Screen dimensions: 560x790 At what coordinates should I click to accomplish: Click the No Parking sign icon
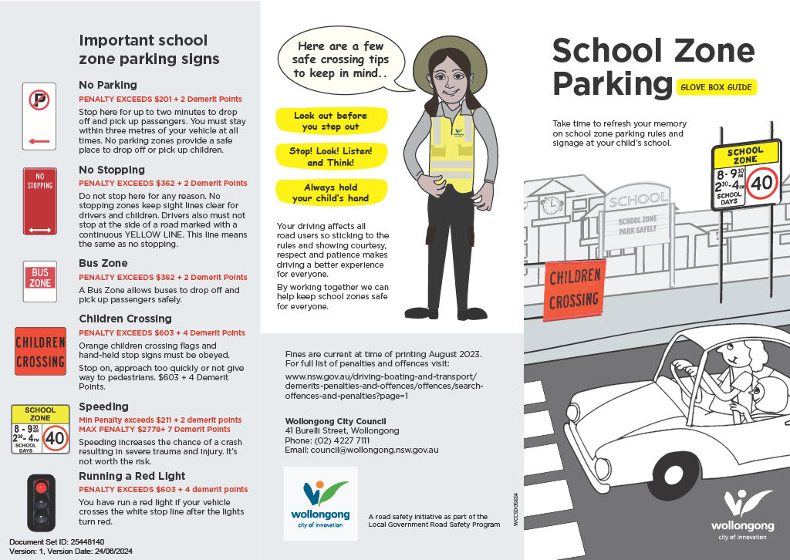pos(40,115)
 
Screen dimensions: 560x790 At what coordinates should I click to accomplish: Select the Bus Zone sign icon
pos(40,278)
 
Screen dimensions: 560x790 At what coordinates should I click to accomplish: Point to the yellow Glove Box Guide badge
pos(716,87)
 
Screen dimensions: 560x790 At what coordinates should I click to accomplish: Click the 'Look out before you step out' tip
pos(331,121)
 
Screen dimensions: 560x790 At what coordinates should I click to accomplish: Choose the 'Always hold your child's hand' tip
pos(331,193)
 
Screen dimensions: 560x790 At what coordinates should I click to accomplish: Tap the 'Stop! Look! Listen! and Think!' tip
pos(331,157)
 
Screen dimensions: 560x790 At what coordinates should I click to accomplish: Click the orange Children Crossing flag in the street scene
pos(574,288)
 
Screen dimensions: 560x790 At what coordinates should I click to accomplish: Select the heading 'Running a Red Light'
pos(132,476)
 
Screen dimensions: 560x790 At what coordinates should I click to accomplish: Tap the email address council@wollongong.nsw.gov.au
pos(362,449)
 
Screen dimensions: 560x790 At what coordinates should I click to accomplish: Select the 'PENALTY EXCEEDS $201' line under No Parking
pos(160,99)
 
